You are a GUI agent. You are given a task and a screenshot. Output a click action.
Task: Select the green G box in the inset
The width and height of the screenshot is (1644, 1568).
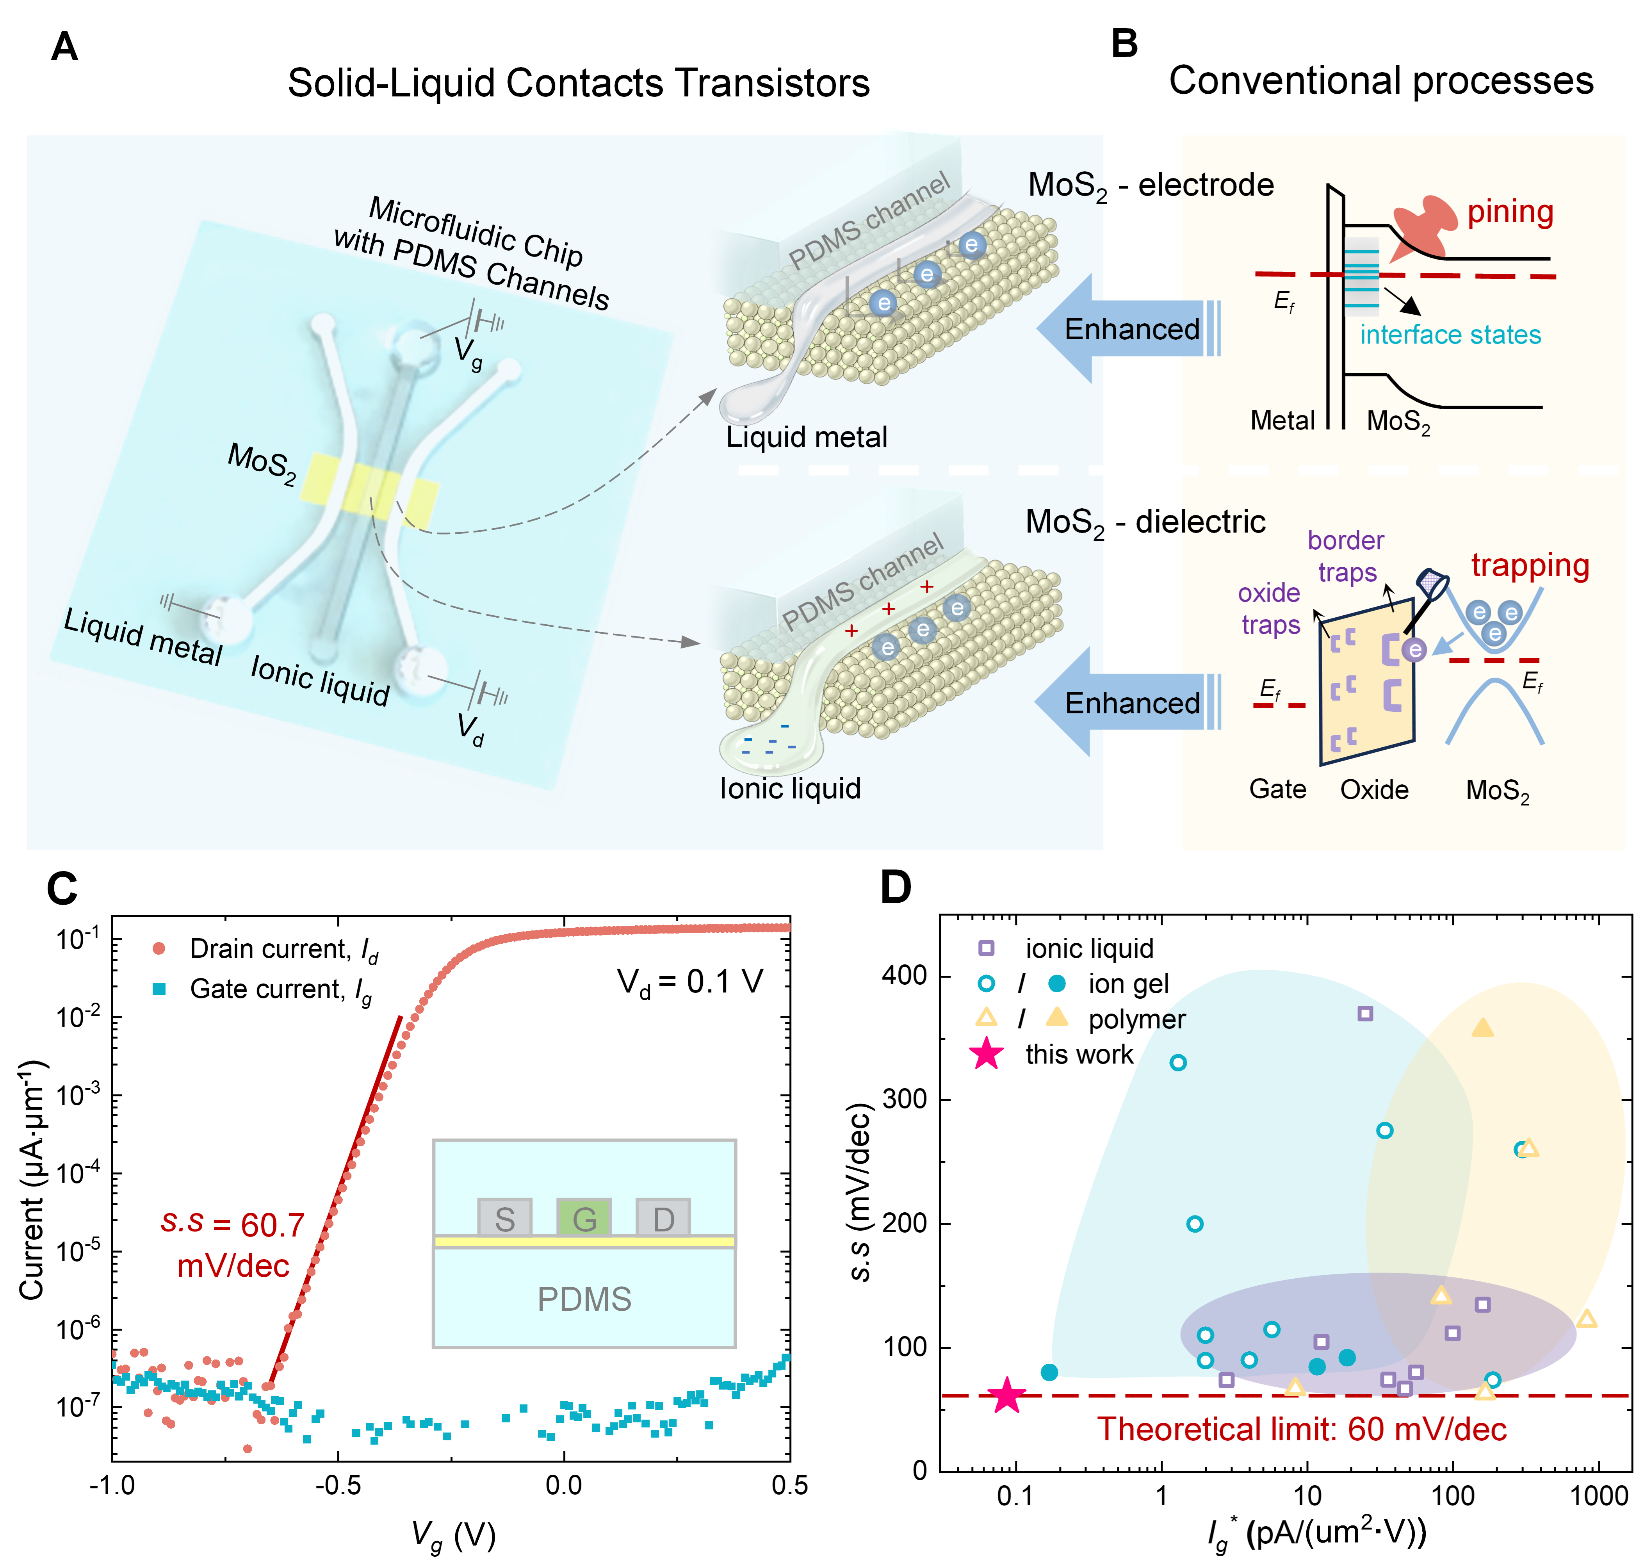pos(583,1218)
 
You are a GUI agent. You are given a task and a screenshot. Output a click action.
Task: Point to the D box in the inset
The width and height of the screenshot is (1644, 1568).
pos(663,1218)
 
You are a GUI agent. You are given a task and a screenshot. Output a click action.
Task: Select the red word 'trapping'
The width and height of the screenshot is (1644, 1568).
pos(1530,566)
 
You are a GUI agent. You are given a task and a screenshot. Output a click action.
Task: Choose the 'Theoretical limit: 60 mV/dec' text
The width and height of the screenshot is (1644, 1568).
pos(1301,1429)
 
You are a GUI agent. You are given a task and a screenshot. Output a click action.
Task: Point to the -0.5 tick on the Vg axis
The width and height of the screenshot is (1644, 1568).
pos(338,1484)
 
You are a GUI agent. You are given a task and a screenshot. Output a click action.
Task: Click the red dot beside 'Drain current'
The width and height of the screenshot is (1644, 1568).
pos(159,949)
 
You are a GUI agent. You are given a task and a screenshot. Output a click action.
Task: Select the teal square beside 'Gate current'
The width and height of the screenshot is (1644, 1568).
pos(159,989)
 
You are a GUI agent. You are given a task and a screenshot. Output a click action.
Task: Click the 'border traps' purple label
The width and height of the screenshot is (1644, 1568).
pos(1346,557)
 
